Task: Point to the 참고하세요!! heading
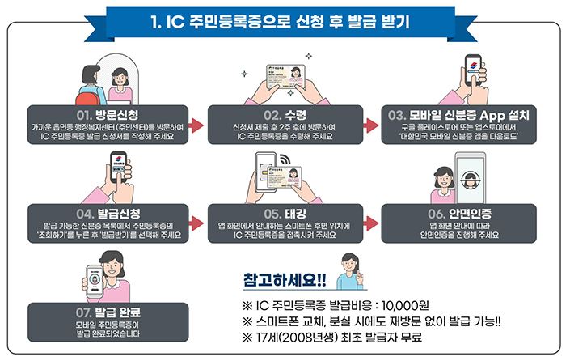pyautogui.click(x=284, y=280)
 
